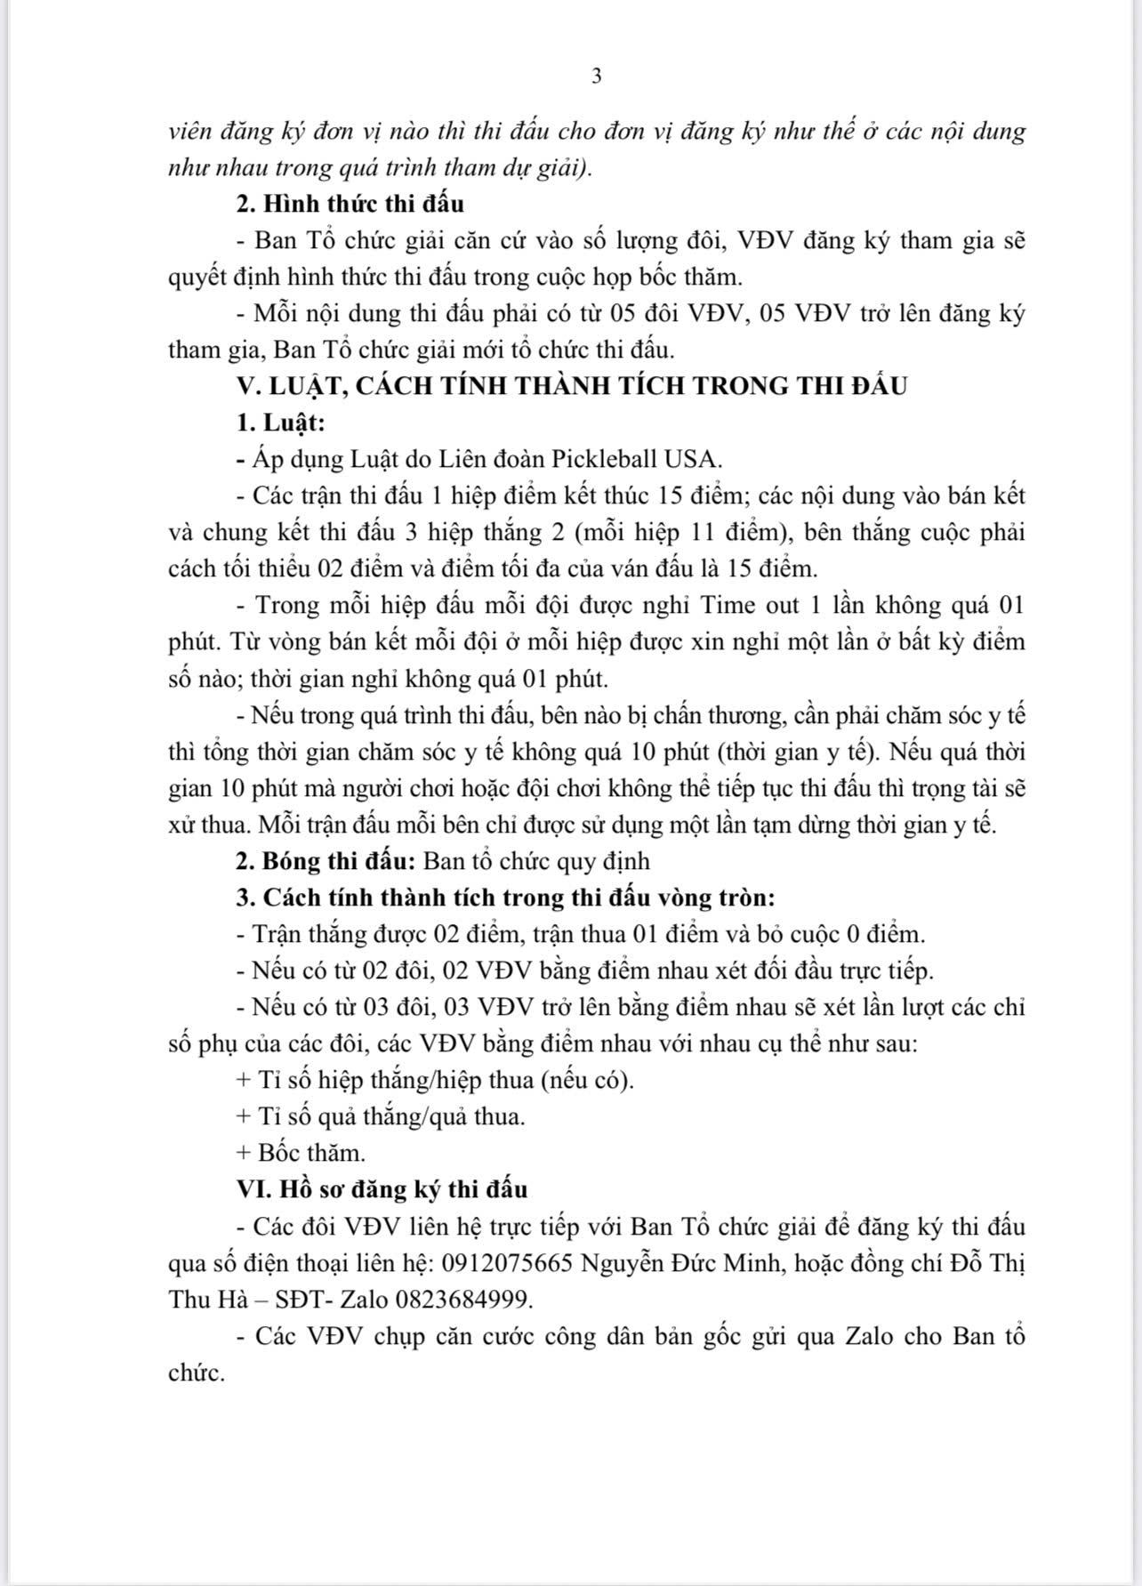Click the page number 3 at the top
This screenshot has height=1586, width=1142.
pyautogui.click(x=596, y=76)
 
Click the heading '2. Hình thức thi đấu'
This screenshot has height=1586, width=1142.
pyautogui.click(x=350, y=204)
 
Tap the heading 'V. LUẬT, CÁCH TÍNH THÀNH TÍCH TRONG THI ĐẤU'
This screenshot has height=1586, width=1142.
pyautogui.click(x=571, y=386)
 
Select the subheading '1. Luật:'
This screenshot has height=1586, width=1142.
pyautogui.click(x=280, y=423)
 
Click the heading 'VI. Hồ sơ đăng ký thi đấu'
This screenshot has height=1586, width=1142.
pyautogui.click(x=382, y=1189)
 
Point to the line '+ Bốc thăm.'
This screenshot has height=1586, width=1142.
pyautogui.click(x=301, y=1153)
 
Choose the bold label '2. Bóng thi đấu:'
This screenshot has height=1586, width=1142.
pyautogui.click(x=326, y=861)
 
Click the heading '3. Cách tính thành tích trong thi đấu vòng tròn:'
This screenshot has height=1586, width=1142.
pyautogui.click(x=506, y=898)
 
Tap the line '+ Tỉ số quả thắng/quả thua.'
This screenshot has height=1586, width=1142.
pyautogui.click(x=381, y=1116)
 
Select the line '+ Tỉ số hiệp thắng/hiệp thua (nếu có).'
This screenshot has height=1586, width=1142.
pyautogui.click(x=436, y=1080)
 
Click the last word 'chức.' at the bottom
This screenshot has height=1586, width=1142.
pyautogui.click(x=197, y=1373)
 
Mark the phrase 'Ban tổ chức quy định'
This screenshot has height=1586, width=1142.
pyautogui.click(x=536, y=861)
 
